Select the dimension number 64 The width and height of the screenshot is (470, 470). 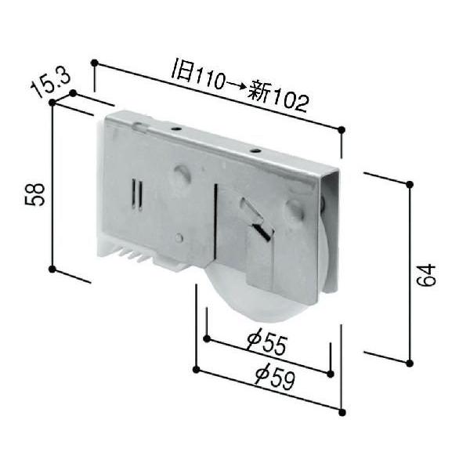click(x=425, y=276)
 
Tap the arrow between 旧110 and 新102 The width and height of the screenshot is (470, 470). click(x=234, y=85)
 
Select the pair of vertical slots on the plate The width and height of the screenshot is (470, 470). click(x=136, y=195)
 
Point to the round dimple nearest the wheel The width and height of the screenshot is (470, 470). click(x=295, y=209)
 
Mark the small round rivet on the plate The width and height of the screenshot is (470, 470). click(x=179, y=237)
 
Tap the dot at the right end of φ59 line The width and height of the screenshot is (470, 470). click(x=342, y=410)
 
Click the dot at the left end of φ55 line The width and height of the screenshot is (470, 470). click(x=207, y=339)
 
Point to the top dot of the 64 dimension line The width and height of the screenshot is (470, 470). click(x=410, y=184)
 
